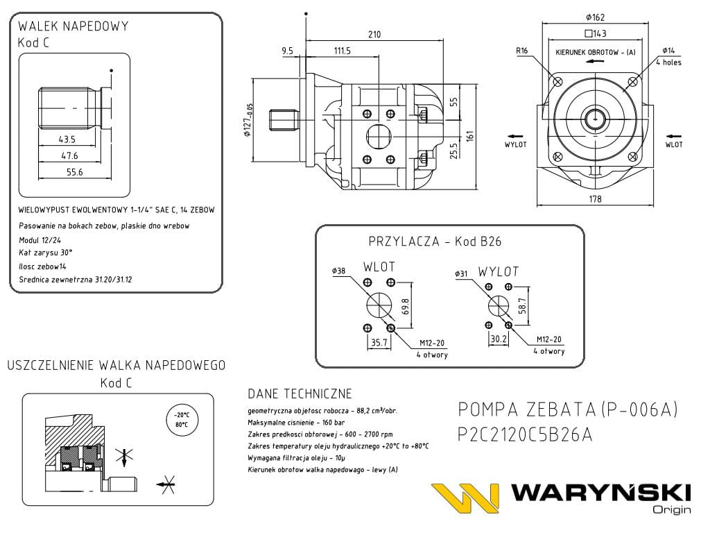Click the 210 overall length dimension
pyautogui.click(x=375, y=35)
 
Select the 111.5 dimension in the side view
pyautogui.click(x=342, y=51)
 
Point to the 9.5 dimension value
pyautogui.click(x=288, y=51)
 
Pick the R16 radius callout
pyautogui.click(x=522, y=51)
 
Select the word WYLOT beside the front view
pyautogui.click(x=515, y=144)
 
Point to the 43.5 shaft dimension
pyautogui.click(x=67, y=139)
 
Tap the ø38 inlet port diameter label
pyautogui.click(x=339, y=270)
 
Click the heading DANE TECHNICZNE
pyautogui.click(x=300, y=394)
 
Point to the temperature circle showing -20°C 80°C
pyautogui.click(x=182, y=420)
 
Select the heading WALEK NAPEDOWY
pyautogui.click(x=73, y=26)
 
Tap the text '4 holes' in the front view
pyautogui.click(x=668, y=62)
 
